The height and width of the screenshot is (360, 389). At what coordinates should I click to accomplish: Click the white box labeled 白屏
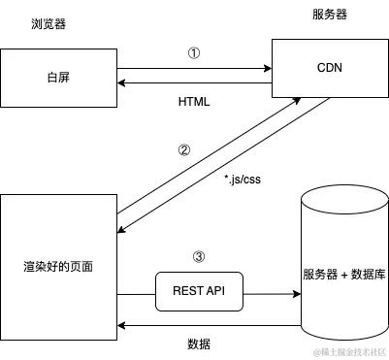coord(58,78)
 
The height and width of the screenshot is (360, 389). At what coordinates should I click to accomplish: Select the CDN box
coord(330,68)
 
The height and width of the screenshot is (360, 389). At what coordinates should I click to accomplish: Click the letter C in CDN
coord(321,68)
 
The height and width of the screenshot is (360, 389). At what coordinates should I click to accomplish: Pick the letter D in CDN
coord(330,68)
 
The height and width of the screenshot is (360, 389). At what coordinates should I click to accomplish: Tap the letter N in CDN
coord(340,68)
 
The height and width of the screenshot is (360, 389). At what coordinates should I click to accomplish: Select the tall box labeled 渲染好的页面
coord(58,267)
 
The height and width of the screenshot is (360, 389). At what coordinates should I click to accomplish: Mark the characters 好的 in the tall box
coord(58,266)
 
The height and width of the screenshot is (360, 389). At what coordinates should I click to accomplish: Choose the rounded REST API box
coord(198,291)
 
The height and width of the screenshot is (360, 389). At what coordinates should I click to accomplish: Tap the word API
coord(214,291)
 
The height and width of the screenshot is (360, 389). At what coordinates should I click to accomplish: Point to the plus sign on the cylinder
coord(341,275)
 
